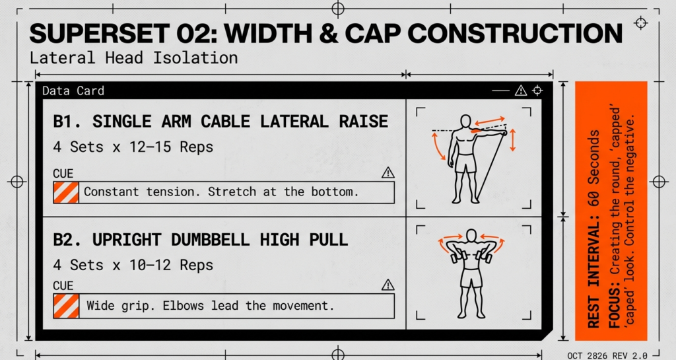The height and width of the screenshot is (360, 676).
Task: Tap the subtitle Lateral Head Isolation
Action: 133,58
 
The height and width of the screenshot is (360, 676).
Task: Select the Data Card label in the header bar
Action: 73,91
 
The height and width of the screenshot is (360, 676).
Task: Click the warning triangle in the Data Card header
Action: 520,90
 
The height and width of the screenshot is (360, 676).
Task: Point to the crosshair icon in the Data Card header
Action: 538,90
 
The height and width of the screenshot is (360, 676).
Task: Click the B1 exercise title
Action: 220,122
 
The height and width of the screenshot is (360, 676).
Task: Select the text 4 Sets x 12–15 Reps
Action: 133,147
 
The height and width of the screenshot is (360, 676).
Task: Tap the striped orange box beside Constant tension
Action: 65,193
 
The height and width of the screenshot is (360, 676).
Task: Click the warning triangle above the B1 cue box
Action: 388,173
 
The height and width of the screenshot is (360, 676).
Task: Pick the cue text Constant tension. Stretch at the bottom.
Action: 221,193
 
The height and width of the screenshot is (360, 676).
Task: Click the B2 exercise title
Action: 200,239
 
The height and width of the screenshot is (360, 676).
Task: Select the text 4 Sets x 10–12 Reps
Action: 133,265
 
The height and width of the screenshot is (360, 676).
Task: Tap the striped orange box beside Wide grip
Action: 65,306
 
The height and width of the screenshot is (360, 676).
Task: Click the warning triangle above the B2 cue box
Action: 388,285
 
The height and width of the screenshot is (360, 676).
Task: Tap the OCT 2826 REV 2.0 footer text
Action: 607,355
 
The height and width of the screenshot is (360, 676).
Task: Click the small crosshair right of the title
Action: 640,23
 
